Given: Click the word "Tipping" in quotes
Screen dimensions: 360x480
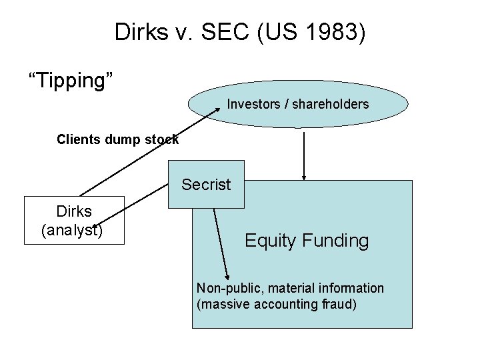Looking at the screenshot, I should (71, 81).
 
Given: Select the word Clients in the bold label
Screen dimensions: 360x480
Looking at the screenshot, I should (77, 139).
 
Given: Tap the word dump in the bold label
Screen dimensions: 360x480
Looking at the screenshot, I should (118, 139).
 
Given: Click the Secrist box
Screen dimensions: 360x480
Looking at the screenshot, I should (206, 185).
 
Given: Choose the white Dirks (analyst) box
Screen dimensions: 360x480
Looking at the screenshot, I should (74, 221).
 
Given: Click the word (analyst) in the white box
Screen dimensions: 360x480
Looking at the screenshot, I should (72, 230).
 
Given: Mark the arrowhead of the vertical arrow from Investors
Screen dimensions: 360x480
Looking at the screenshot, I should (305, 177).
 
